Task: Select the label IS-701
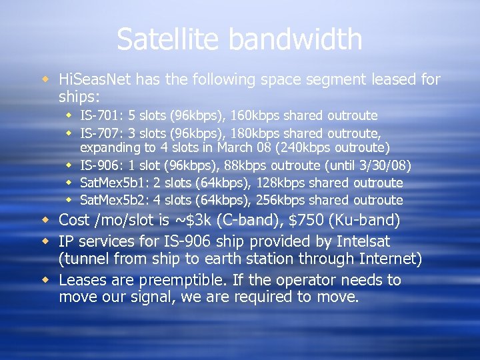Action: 97,115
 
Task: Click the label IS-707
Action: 97,133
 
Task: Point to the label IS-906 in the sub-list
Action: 97,165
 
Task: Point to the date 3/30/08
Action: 386,165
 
